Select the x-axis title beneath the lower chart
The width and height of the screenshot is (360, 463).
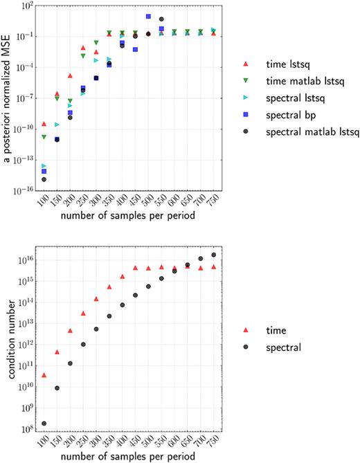click(126, 456)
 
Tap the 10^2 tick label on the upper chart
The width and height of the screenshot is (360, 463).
click(27, 6)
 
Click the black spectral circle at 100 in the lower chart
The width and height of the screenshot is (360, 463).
click(44, 424)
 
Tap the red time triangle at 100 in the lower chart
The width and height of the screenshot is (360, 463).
click(44, 375)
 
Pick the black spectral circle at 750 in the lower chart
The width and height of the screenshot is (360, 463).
click(213, 255)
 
